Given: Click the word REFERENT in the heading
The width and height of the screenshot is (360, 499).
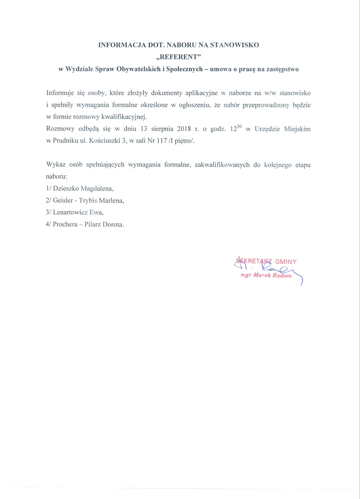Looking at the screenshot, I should pos(180,57).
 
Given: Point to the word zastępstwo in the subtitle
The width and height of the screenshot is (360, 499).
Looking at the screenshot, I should pos(280,69).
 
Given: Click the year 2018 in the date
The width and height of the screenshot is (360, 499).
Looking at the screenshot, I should pos(174,129).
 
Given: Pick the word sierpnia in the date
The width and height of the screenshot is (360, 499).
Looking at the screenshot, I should pos(149,129).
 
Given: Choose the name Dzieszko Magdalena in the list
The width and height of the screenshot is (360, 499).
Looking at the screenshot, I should pos(83,188).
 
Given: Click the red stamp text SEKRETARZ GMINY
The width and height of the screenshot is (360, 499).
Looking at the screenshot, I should pos(265,261).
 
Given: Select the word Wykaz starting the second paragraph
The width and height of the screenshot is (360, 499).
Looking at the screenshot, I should pos(56,164).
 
